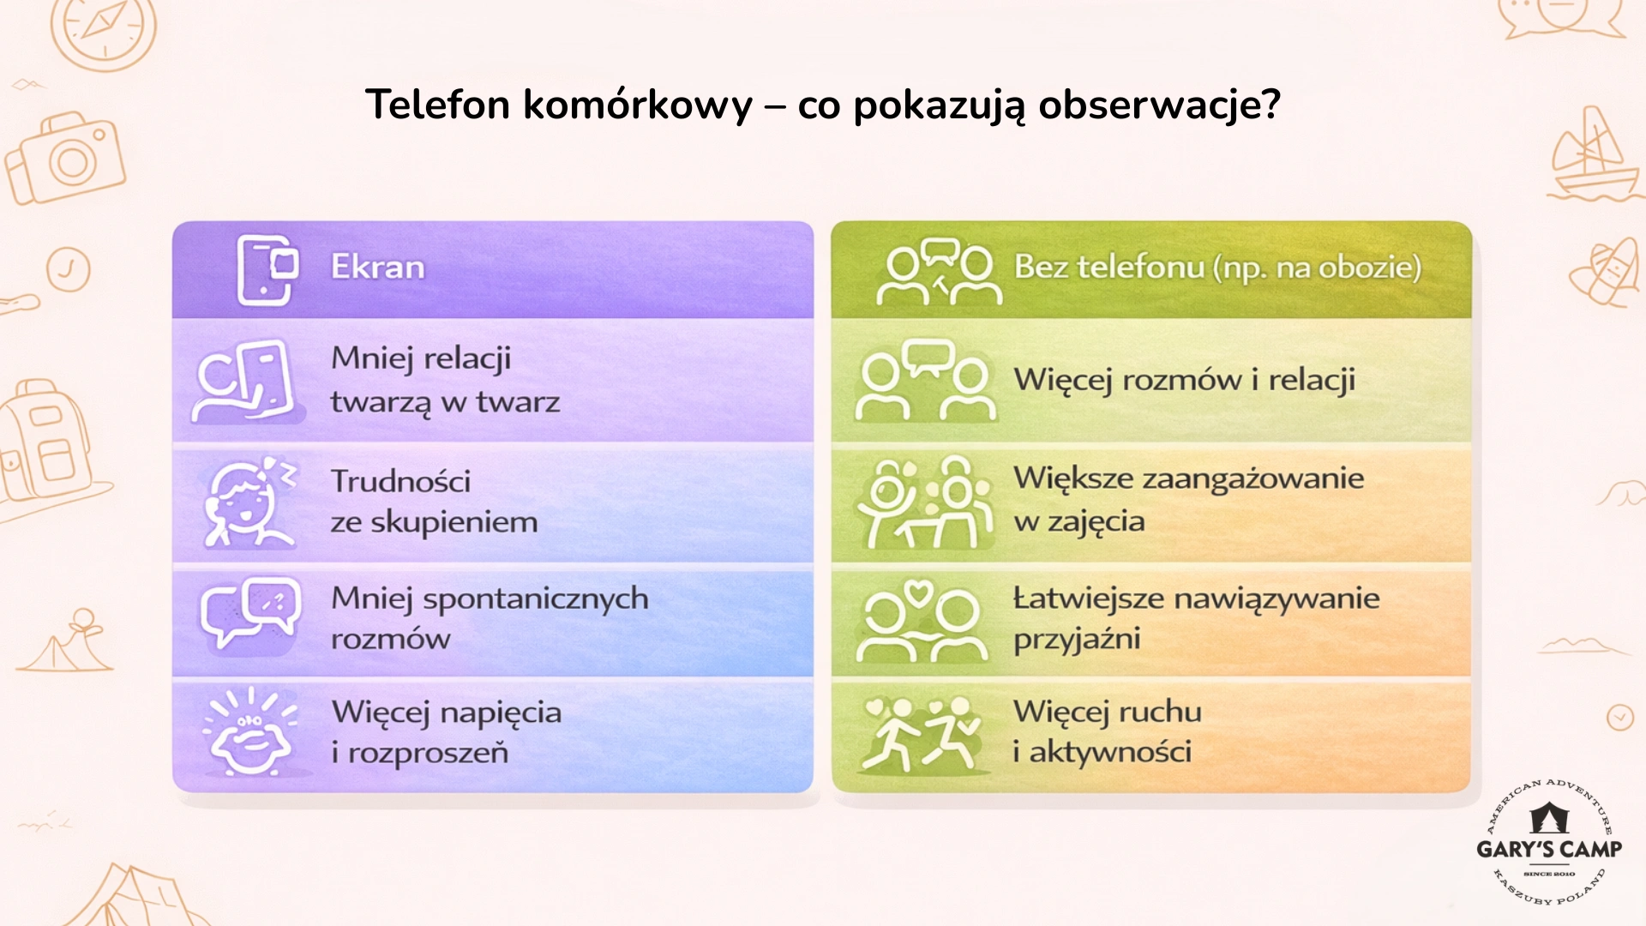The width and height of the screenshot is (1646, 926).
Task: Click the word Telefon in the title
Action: click(x=438, y=105)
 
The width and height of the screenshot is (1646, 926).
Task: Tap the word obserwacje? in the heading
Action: click(x=1159, y=105)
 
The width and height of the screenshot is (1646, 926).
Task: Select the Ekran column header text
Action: click(x=378, y=268)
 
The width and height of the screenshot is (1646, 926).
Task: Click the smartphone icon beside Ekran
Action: click(x=267, y=269)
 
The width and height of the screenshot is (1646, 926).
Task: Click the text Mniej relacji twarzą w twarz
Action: click(x=445, y=380)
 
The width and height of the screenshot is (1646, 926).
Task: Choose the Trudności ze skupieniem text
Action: click(x=434, y=502)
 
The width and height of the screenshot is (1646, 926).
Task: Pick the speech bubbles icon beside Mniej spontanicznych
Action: click(x=249, y=614)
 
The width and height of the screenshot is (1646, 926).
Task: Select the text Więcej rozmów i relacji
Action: click(x=1184, y=380)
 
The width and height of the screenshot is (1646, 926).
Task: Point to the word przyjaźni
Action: click(x=1077, y=640)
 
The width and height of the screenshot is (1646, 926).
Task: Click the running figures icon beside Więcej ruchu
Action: click(x=922, y=733)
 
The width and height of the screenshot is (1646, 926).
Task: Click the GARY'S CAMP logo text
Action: click(x=1549, y=849)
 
